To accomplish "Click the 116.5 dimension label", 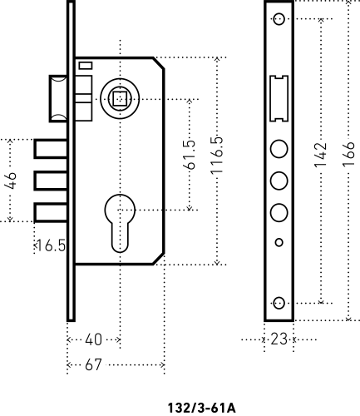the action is tap(217, 156).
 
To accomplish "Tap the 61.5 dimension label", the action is tap(190, 155).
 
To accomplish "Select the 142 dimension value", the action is tap(320, 155).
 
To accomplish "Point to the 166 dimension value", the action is tap(348, 154).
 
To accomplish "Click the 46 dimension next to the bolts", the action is tap(11, 181).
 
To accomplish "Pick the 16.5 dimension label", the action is tap(51, 245).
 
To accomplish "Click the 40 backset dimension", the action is tap(93, 339).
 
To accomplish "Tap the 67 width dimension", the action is tap(93, 364).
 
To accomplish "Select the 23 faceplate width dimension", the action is tap(279, 339).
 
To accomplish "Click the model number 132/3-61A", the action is tap(202, 409).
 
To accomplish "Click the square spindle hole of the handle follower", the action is tap(120, 99).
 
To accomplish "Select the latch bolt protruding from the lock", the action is tap(58, 98).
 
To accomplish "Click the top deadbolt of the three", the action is tap(51, 149).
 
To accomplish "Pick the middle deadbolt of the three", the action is tap(51, 181).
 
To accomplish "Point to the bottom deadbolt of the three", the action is tap(51, 213).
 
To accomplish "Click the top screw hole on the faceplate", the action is tap(279, 19).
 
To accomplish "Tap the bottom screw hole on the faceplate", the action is tap(279, 303).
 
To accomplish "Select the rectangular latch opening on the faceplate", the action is tap(279, 98).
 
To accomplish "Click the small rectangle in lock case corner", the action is tap(86, 66).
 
